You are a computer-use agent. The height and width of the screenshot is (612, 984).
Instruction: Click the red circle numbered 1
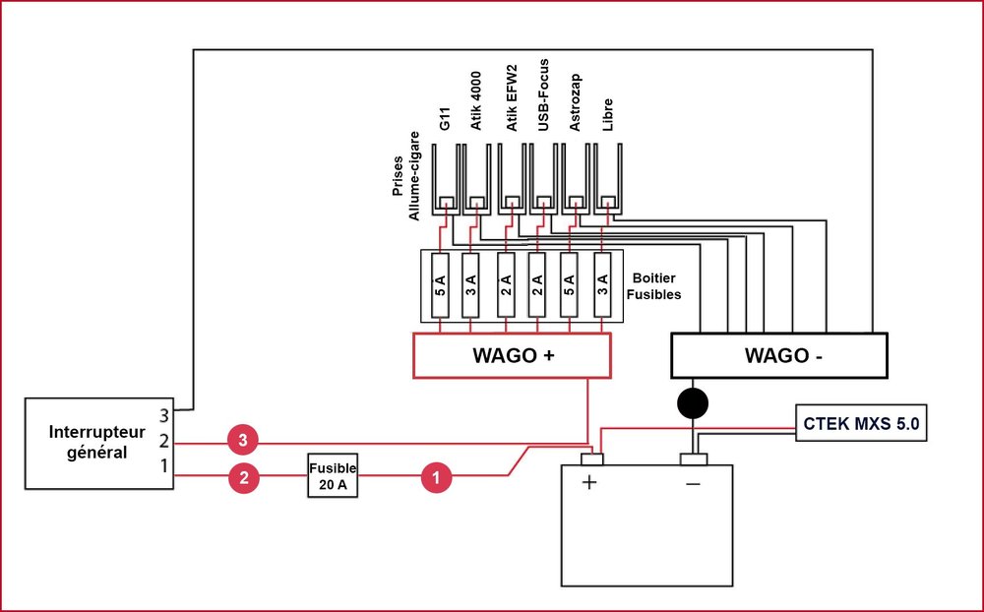436,478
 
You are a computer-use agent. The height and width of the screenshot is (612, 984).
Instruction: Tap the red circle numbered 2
242,478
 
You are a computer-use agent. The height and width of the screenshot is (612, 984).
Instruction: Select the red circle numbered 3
242,438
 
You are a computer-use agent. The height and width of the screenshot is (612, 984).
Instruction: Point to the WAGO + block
512,354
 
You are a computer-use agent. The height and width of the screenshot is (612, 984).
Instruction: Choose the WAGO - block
778,355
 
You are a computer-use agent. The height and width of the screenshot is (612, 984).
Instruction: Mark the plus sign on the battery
590,483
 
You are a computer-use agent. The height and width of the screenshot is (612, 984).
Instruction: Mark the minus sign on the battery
693,483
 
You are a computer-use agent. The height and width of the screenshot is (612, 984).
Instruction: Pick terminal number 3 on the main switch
164,413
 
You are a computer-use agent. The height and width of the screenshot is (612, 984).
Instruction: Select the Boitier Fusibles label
656,286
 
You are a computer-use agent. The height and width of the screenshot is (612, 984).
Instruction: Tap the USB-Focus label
543,99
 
